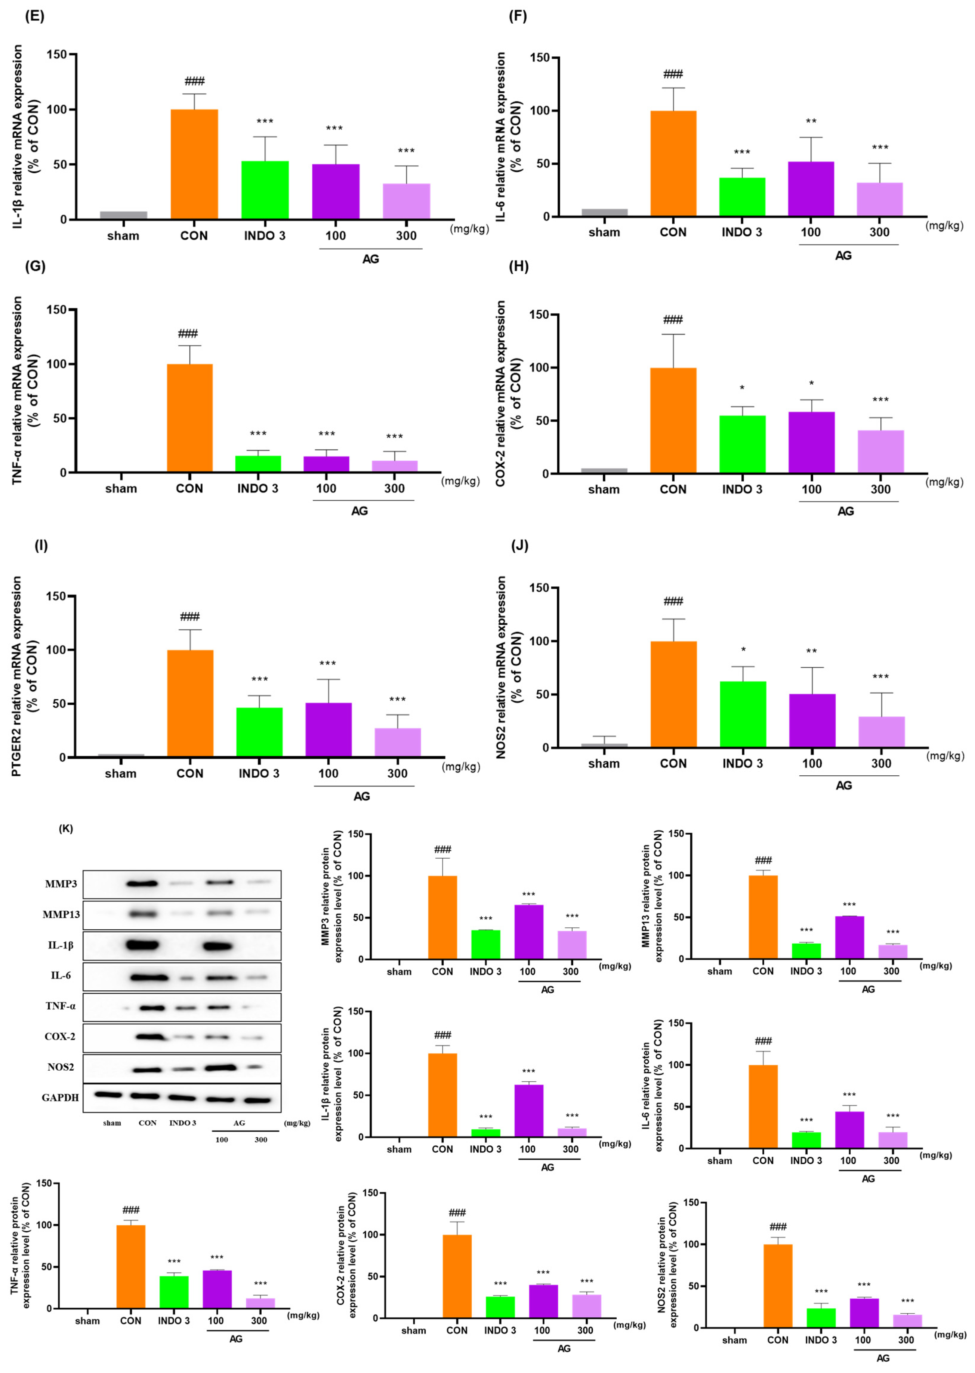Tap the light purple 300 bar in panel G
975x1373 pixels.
[x=394, y=466]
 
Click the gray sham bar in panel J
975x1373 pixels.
[x=604, y=745]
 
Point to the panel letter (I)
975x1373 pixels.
[x=41, y=545]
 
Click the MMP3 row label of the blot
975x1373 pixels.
[x=61, y=884]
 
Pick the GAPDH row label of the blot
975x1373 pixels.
[x=60, y=1097]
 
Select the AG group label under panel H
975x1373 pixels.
[x=845, y=511]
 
